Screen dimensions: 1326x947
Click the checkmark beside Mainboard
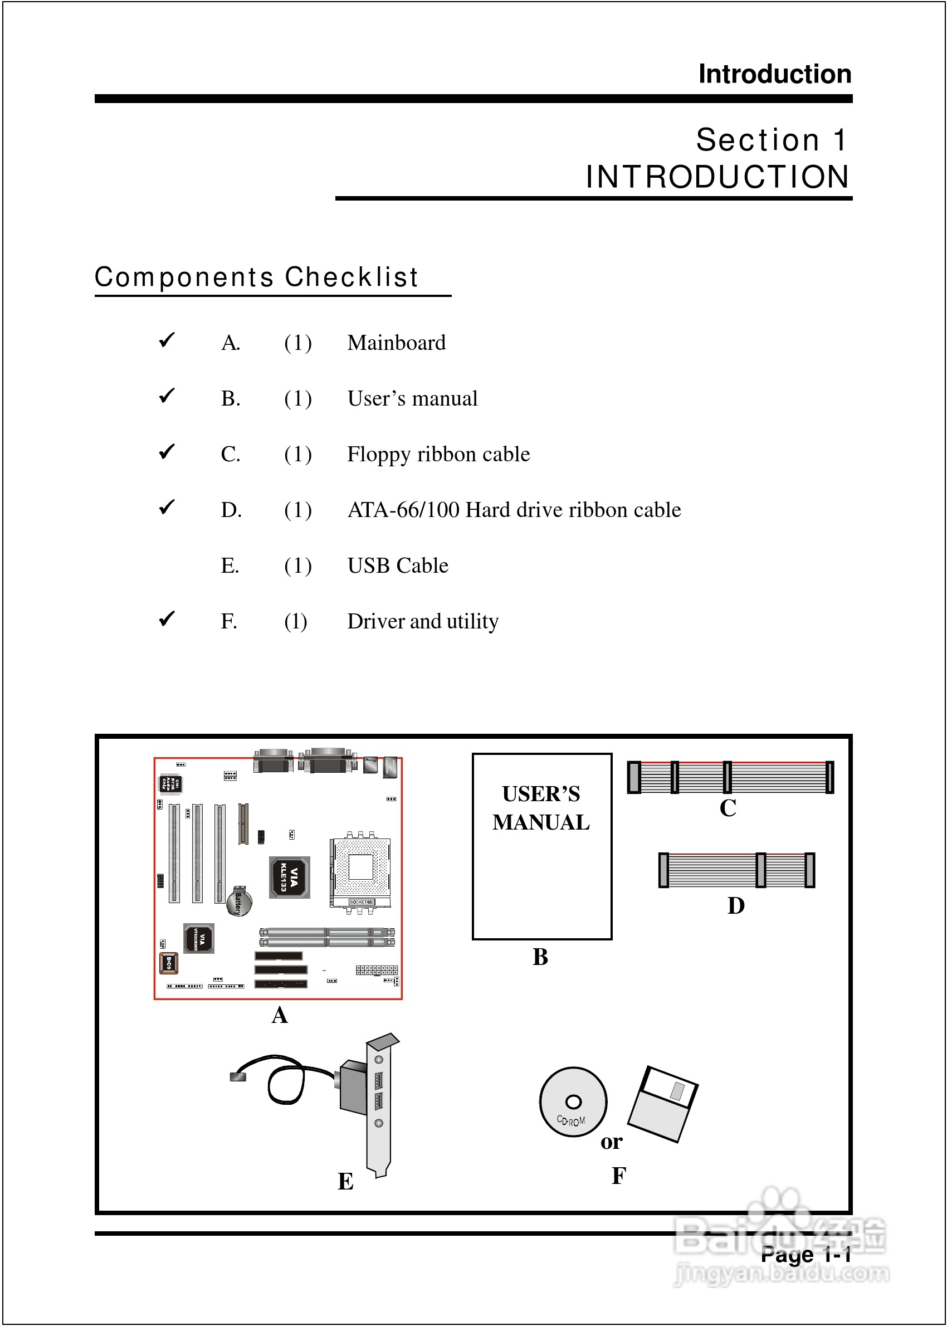167,339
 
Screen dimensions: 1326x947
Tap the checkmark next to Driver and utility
167,618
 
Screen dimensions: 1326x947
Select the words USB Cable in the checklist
398,565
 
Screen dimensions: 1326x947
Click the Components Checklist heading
257,277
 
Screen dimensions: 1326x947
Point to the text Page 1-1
806,1254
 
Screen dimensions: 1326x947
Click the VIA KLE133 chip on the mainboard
289,877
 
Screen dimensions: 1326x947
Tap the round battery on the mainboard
240,900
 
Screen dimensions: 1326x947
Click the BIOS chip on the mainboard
169,963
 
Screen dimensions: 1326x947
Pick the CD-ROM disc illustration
573,1101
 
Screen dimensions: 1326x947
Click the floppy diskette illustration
663,1103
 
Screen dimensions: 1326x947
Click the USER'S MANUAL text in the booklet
541,808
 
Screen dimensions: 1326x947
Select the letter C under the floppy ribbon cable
728,808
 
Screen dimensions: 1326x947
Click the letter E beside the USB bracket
346,1181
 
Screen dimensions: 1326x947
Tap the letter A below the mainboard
279,1015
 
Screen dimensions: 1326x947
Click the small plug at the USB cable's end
238,1076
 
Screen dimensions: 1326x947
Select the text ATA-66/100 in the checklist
403,510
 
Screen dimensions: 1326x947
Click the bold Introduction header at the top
774,74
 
